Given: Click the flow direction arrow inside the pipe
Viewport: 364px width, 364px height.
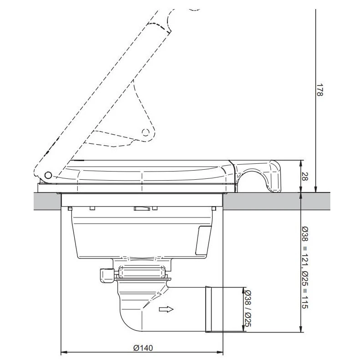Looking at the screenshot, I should [x=167, y=310].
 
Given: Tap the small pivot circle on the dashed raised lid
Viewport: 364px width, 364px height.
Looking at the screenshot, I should [x=146, y=132].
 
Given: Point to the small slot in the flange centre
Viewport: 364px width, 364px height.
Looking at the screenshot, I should [x=143, y=209].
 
